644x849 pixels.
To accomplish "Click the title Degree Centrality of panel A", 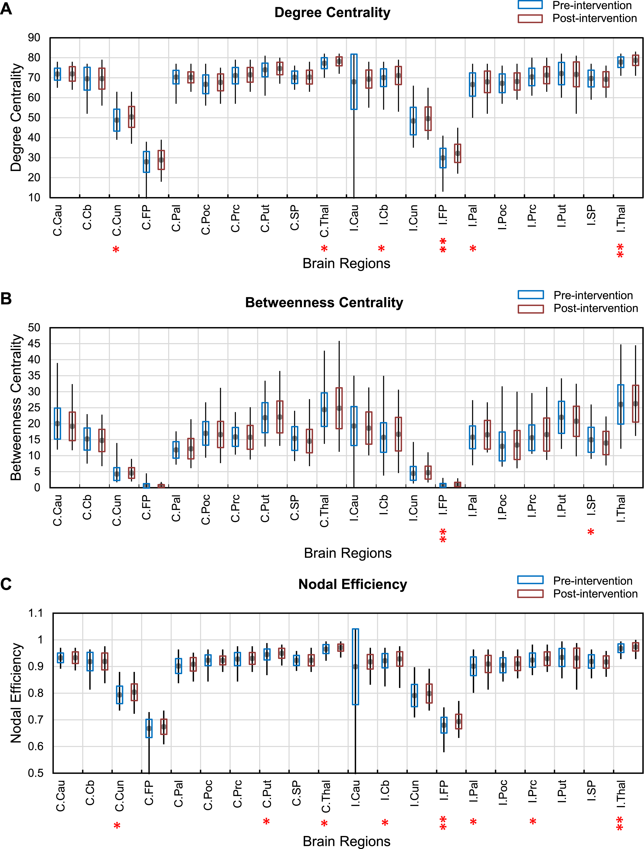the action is click(x=332, y=13).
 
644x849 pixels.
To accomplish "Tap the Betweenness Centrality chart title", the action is click(x=324, y=303).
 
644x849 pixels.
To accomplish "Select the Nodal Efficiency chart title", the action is click(x=353, y=584).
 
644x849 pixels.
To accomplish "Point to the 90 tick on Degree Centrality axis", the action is click(x=34, y=38).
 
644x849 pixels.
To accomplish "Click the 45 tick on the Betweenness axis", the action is click(x=34, y=344).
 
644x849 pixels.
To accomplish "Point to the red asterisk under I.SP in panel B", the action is click(x=591, y=532).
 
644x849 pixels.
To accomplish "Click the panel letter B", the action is click(x=6, y=299).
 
